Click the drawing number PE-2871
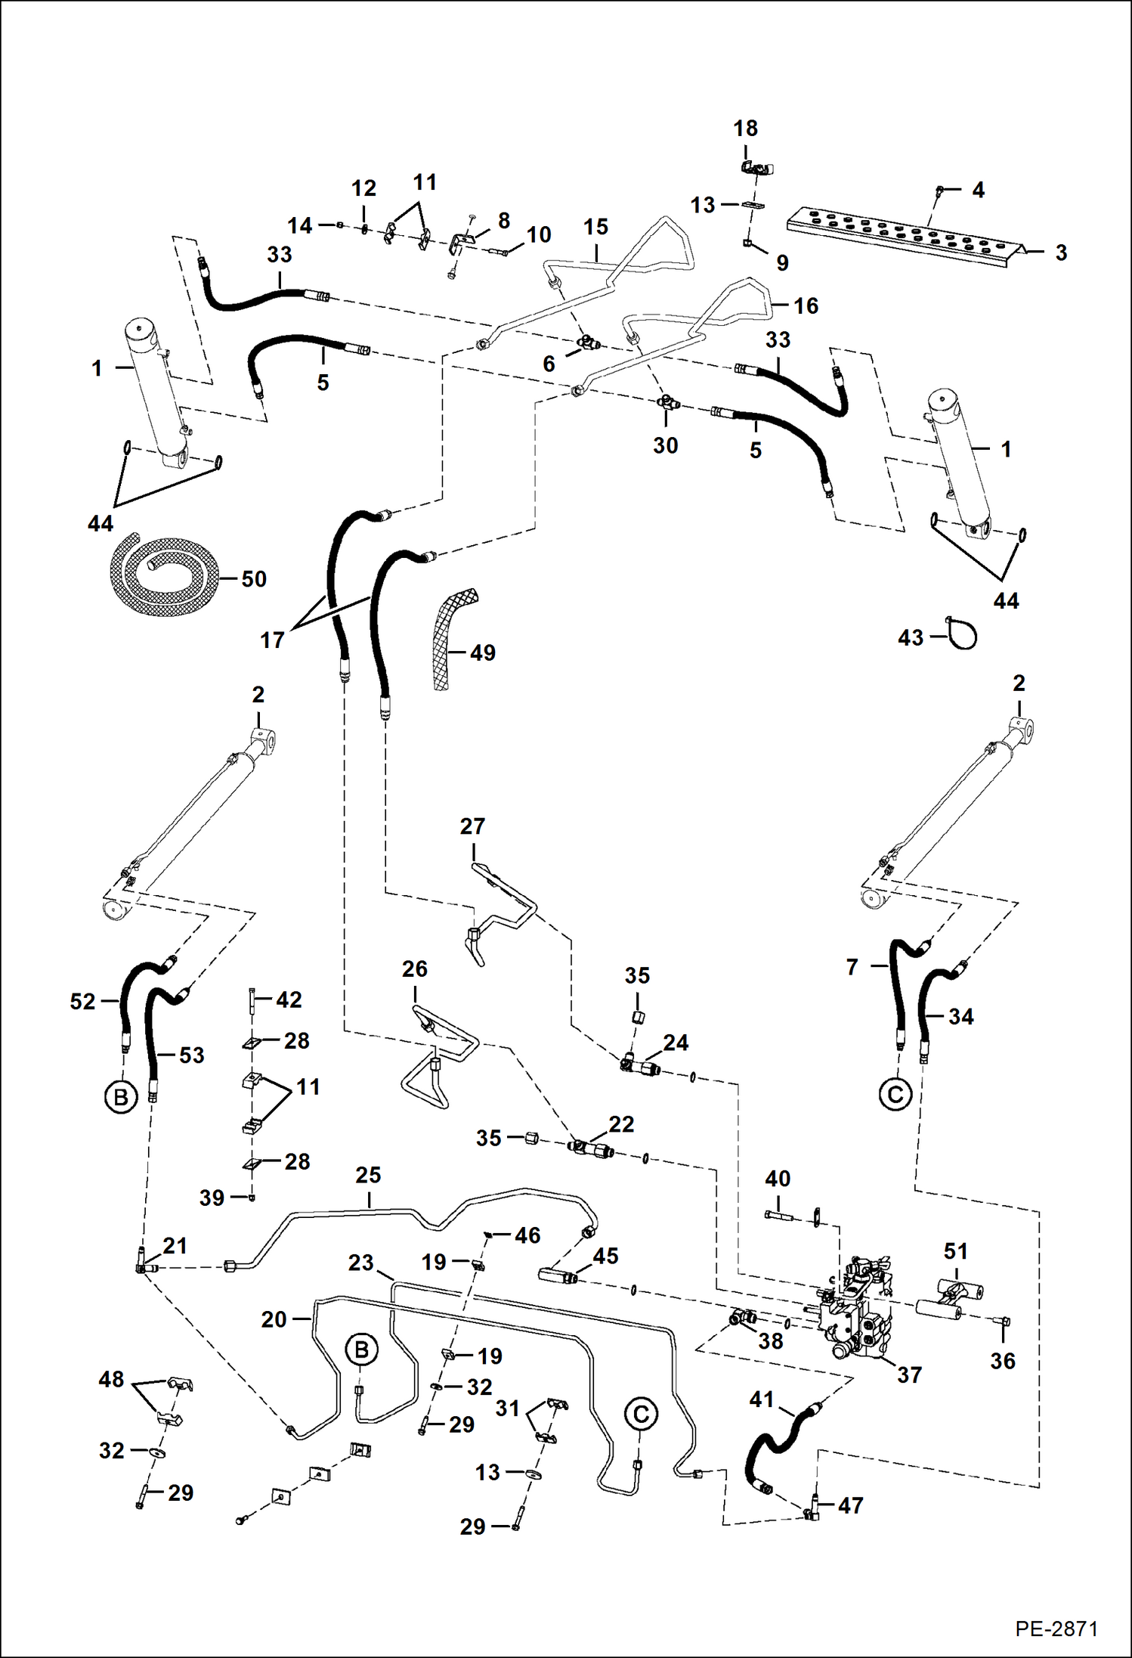click(x=1056, y=1629)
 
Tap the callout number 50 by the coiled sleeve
click(x=254, y=579)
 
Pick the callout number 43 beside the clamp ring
click(x=911, y=637)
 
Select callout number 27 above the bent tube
click(x=472, y=826)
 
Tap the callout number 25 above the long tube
click(x=368, y=1176)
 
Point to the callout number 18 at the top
click(x=746, y=129)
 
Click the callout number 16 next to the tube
click(x=806, y=305)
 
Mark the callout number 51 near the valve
click(x=956, y=1251)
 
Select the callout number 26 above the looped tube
click(x=414, y=969)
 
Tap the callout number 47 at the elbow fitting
click(x=850, y=1505)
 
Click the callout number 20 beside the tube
click(x=274, y=1319)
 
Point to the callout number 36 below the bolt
click(x=1003, y=1361)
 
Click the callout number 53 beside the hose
click(x=192, y=1055)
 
